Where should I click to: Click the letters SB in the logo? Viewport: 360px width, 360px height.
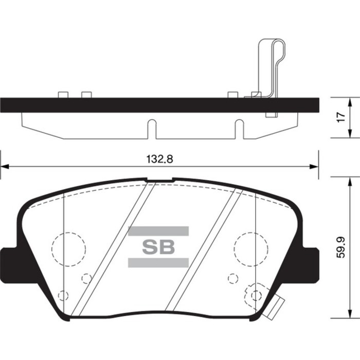click(x=158, y=247)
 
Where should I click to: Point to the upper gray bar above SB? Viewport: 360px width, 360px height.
click(x=158, y=231)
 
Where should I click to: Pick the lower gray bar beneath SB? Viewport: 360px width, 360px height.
click(x=158, y=263)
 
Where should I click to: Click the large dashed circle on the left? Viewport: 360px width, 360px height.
click(x=68, y=249)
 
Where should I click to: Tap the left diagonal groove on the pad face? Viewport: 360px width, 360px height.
click(x=113, y=249)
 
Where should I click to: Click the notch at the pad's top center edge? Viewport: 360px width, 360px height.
click(x=159, y=180)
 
